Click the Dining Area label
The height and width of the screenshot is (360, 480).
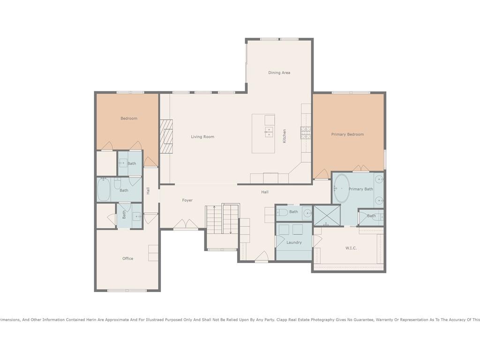coord(279,73)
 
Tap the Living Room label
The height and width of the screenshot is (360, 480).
coord(202,137)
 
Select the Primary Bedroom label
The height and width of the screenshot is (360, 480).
coord(347,135)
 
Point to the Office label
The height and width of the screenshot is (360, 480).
coord(127,258)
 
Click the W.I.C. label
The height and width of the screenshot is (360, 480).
coord(351,248)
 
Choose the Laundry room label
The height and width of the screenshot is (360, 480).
coord(294,242)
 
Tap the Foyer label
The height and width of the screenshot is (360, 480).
coord(187,200)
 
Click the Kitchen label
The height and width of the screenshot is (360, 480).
coord(285,136)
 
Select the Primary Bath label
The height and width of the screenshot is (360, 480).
coord(360,189)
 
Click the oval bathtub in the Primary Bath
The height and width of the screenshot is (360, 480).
coord(341,188)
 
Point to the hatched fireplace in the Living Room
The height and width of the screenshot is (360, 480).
coord(166,136)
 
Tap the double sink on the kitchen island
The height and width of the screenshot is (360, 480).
coord(269,132)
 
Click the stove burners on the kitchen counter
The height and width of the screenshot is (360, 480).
coord(306,133)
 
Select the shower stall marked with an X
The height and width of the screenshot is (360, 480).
coord(327,216)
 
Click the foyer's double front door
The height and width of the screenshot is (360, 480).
coord(186,224)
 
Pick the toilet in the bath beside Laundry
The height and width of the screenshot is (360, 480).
coord(282,212)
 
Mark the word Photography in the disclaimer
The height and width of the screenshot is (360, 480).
coord(323,320)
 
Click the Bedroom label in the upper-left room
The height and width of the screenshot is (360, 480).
coord(129,119)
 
